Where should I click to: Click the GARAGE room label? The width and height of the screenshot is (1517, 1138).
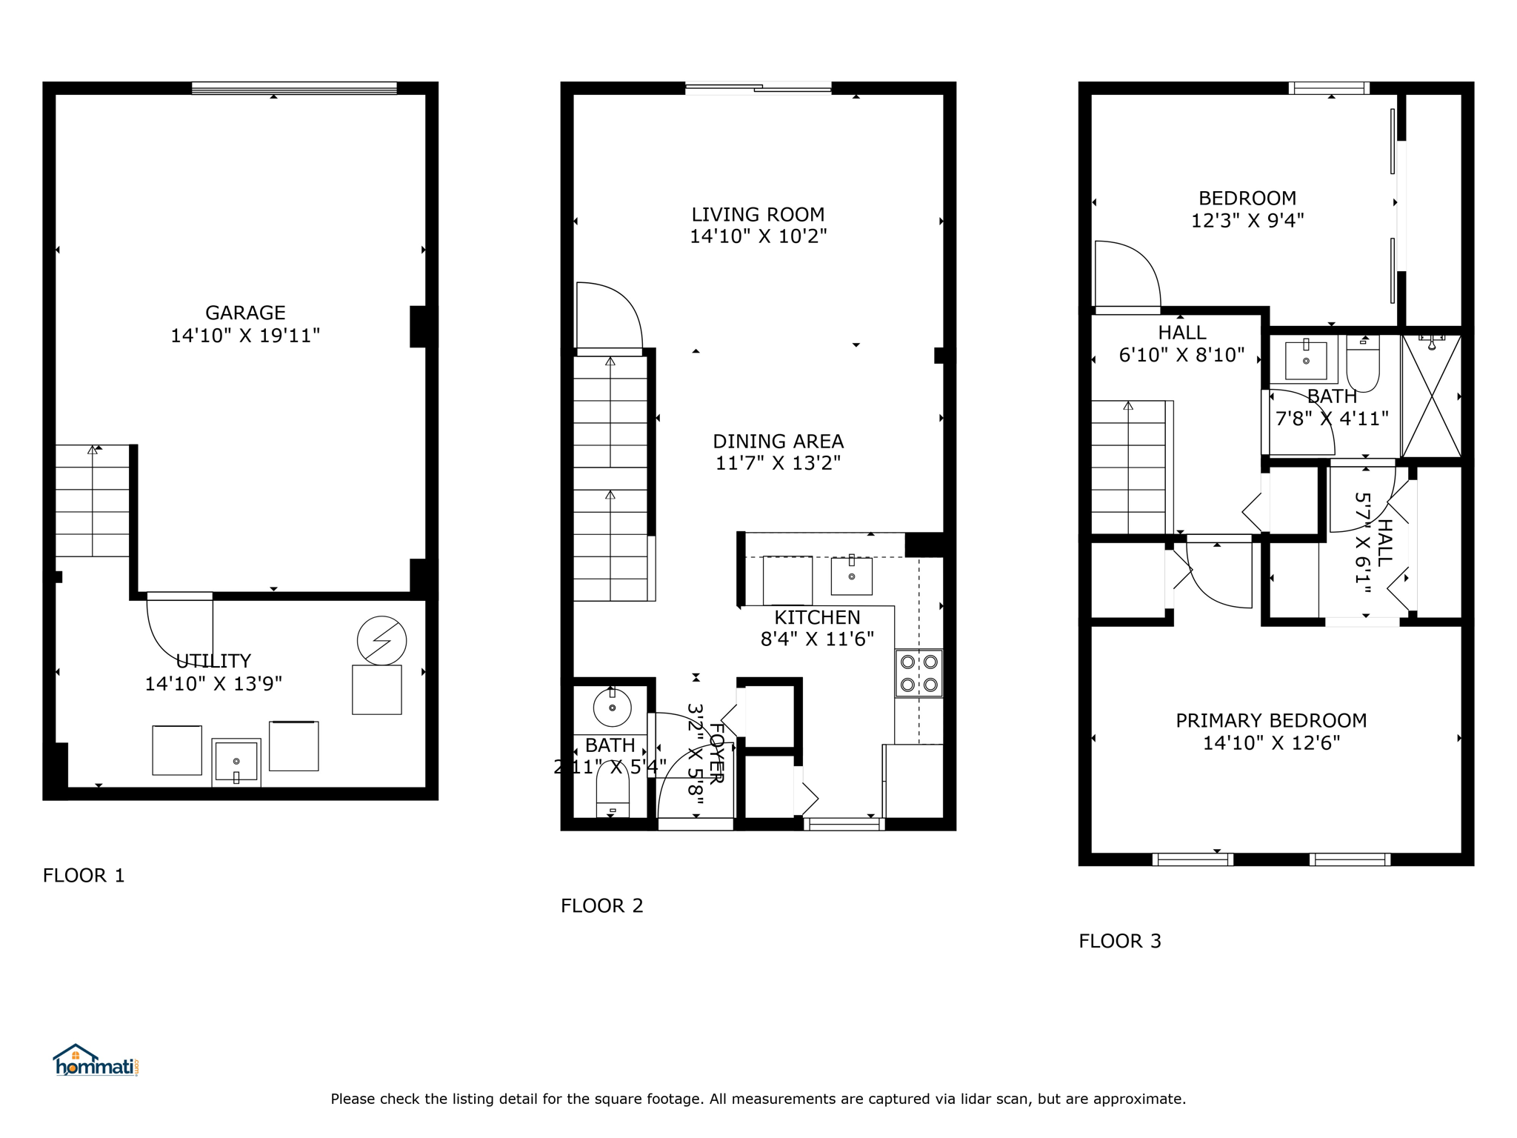245,313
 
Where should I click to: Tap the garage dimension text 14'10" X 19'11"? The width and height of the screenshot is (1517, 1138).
245,336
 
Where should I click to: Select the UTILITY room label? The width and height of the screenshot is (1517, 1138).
213,661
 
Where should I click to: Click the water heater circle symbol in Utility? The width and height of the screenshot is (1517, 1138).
381,641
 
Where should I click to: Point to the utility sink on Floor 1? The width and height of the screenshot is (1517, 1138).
236,762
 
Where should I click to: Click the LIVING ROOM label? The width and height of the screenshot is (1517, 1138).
758,215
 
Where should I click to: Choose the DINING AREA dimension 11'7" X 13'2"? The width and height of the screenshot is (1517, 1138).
778,463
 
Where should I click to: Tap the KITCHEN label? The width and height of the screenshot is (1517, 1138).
817,617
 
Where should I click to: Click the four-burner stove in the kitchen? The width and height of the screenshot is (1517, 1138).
918,673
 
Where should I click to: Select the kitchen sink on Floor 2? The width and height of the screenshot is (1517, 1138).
852,576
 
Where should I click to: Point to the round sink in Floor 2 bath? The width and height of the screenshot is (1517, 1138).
612,708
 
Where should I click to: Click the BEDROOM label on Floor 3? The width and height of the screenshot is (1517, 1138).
1247,199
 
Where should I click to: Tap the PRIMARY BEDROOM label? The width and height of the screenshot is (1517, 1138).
1271,720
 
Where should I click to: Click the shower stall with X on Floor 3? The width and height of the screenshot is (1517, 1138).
1431,396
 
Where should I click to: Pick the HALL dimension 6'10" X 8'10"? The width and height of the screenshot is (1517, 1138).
1181,355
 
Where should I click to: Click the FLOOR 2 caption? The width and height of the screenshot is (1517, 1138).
601,905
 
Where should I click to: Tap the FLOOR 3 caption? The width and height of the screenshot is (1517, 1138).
1120,941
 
